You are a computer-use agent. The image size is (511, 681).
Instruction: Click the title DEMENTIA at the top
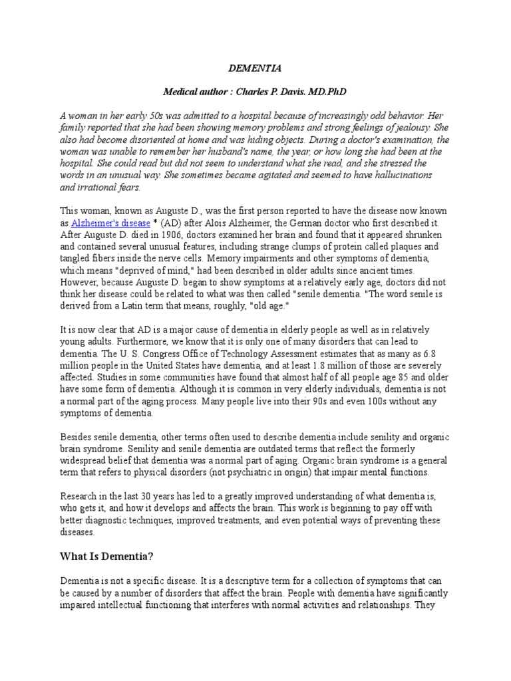click(x=255, y=68)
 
